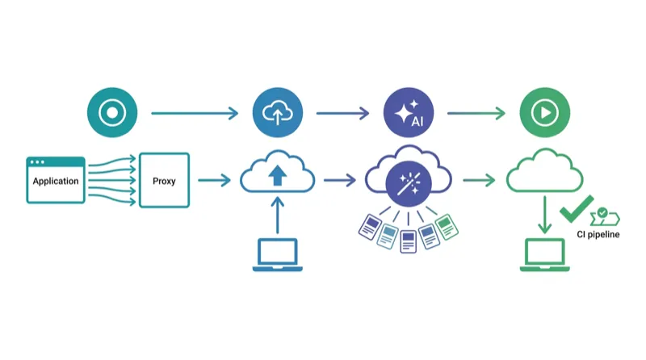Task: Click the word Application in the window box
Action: [x=56, y=181]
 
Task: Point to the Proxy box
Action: [x=164, y=180]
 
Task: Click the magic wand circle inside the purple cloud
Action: [x=408, y=184]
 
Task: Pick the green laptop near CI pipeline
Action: [x=543, y=255]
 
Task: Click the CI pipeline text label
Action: [x=598, y=235]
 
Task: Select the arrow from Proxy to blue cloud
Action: [x=214, y=180]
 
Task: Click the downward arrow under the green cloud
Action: [x=544, y=216]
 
